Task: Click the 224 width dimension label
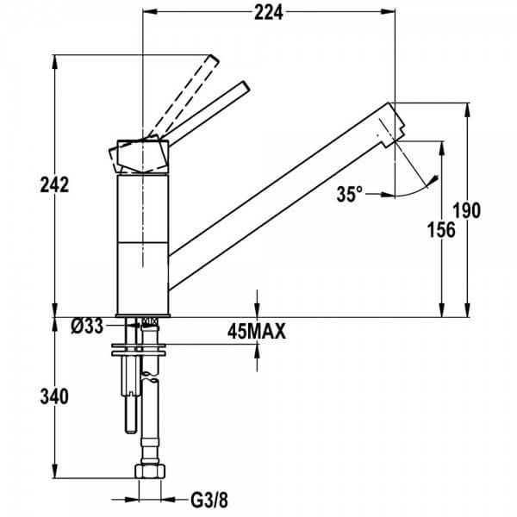pyautogui.click(x=268, y=14)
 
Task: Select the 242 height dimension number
pyautogui.click(x=54, y=185)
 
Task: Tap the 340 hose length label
pyautogui.click(x=54, y=396)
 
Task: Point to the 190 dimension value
pyautogui.click(x=467, y=211)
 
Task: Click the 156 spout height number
pyautogui.click(x=441, y=230)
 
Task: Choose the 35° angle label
pyautogui.click(x=349, y=194)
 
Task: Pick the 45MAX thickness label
pyautogui.click(x=257, y=332)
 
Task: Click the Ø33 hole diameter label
pyautogui.click(x=87, y=327)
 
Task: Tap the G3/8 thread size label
pyautogui.click(x=209, y=501)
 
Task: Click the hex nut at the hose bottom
pyautogui.click(x=150, y=470)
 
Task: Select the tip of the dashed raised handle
pyautogui.click(x=214, y=59)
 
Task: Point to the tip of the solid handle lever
pyautogui.click(x=246, y=85)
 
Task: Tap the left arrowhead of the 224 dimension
pyautogui.click(x=149, y=12)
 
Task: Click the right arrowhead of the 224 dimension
pyautogui.click(x=389, y=12)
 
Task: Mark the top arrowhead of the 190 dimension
pyautogui.click(x=467, y=109)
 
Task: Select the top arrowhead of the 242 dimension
pyautogui.click(x=55, y=62)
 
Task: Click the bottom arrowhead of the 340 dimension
pyautogui.click(x=55, y=470)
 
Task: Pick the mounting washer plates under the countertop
pyautogui.click(x=139, y=350)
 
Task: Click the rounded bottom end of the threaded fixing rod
pyautogui.click(x=131, y=430)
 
